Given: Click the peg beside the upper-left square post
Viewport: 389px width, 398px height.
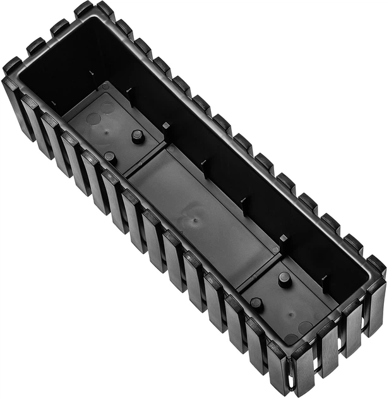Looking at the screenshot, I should coord(137,135).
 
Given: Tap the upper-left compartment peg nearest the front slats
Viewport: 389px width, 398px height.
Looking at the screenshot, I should coord(110,156).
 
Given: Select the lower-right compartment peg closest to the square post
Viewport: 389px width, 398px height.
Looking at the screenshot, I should coord(285,278).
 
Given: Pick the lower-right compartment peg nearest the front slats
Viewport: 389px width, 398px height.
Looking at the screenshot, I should coord(256,303).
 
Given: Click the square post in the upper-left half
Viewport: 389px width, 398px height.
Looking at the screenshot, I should coord(166,126).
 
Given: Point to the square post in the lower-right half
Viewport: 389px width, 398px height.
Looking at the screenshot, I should coord(284,239).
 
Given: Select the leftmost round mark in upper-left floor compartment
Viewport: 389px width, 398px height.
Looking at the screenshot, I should coord(93,119).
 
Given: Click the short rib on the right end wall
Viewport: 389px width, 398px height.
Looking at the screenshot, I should coord(325,279).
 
